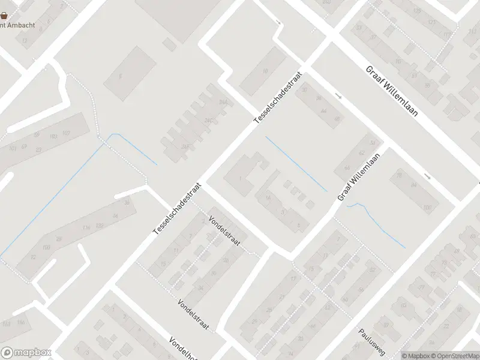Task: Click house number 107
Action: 66,133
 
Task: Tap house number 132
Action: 100,225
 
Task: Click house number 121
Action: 431,22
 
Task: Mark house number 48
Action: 337,119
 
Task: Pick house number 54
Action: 373,143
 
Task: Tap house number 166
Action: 22,323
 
